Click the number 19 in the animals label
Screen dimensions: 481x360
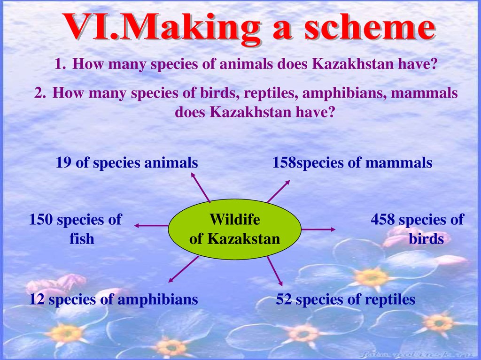click(63, 162)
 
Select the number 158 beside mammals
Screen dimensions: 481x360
click(284, 162)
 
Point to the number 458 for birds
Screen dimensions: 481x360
click(383, 220)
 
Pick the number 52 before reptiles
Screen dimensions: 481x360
click(284, 299)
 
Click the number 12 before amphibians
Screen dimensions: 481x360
click(37, 299)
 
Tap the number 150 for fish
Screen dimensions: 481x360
click(41, 220)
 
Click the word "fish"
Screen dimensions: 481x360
click(82, 238)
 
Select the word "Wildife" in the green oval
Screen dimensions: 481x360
click(235, 219)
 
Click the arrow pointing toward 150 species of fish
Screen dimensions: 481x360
click(151, 226)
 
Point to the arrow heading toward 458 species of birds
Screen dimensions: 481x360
click(318, 230)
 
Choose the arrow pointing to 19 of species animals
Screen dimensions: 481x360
click(201, 187)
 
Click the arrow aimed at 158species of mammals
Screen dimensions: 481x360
click(278, 191)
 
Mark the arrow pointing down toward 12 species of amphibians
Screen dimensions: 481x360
click(184, 269)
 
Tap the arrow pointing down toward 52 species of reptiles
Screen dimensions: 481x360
click(274, 271)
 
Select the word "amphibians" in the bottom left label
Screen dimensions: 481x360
click(158, 299)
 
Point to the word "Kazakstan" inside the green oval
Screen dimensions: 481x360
click(244, 238)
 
